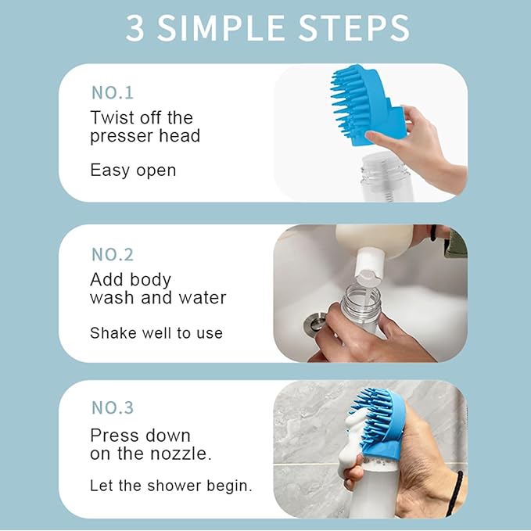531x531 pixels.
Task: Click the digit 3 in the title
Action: point(137,28)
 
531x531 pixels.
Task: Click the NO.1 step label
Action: point(113,92)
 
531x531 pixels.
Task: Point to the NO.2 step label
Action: point(113,254)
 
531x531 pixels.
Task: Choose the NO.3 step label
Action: point(113,407)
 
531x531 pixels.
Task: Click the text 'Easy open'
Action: point(133,170)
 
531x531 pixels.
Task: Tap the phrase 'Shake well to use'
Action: point(156,333)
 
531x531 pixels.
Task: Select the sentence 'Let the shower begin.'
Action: point(171,485)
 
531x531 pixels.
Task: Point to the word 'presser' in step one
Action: point(123,137)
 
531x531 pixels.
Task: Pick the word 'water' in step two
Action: point(202,298)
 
